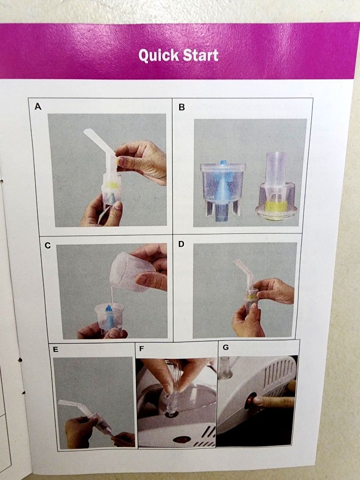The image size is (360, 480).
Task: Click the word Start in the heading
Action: [201, 56]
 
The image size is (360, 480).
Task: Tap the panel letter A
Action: [38, 107]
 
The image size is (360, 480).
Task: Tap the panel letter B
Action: [181, 107]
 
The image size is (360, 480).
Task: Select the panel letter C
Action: [48, 245]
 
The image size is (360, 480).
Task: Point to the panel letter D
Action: [181, 244]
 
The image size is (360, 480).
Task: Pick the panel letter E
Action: [55, 349]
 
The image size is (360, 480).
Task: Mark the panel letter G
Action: [225, 347]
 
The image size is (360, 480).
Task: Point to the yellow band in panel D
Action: [252, 294]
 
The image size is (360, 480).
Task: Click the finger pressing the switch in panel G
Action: [273, 402]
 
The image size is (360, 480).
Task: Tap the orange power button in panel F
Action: [181, 439]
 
